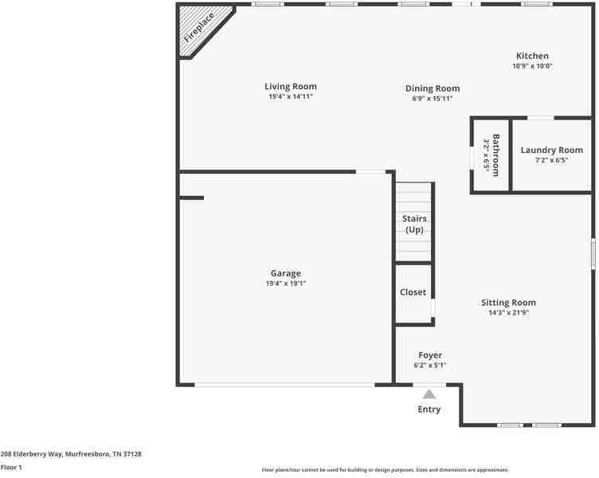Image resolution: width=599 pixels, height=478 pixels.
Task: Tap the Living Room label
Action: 291,86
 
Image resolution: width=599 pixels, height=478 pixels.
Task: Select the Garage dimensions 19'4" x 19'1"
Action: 286,283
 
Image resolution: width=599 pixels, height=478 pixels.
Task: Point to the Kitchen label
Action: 532,56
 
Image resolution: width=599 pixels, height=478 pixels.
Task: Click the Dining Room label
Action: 433,88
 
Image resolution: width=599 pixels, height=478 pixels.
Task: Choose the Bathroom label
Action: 495,155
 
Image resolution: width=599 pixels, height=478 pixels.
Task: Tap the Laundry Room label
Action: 551,150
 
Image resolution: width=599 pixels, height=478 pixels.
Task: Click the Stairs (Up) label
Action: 414,224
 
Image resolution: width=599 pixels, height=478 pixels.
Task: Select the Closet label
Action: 413,292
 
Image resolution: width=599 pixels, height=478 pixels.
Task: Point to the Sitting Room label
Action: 508,302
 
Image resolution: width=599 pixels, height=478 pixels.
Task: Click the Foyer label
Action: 430,355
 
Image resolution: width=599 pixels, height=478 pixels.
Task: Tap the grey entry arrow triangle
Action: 429,393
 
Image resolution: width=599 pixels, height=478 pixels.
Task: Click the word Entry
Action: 429,409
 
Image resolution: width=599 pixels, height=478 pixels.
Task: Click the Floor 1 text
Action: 11,467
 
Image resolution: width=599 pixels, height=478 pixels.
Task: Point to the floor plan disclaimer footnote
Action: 385,470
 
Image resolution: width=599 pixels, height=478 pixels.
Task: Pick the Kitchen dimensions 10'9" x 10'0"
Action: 532,66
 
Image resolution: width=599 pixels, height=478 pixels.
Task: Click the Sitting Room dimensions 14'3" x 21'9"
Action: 508,312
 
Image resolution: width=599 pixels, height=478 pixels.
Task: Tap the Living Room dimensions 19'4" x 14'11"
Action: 291,96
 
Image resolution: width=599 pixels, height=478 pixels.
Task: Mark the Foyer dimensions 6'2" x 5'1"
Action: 430,365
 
